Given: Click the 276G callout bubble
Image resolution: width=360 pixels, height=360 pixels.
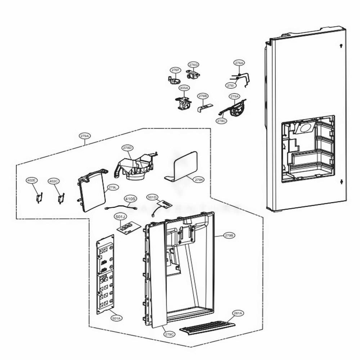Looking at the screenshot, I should pyautogui.click(x=193, y=65).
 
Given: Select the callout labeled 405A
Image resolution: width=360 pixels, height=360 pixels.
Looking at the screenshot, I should pyautogui.click(x=184, y=88).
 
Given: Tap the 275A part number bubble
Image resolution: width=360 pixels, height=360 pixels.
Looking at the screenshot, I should pyautogui.click(x=234, y=96).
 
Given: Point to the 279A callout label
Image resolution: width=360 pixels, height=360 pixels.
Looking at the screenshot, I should pyautogui.click(x=85, y=136).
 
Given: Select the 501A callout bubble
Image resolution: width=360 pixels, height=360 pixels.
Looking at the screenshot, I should pyautogui.click(x=116, y=318).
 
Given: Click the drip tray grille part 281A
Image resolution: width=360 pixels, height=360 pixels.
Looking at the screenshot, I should pyautogui.click(x=207, y=327).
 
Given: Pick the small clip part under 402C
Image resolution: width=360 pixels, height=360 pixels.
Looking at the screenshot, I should pyautogui.click(x=61, y=198).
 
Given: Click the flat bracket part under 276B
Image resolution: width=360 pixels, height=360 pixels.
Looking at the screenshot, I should pyautogui.click(x=205, y=107).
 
